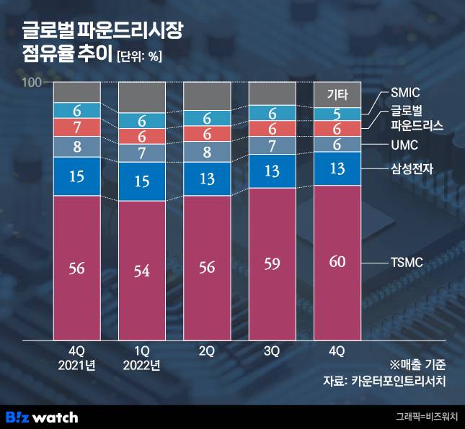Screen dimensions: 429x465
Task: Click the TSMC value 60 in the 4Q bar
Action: click(337, 261)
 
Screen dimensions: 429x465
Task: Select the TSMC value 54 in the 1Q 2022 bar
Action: click(141, 271)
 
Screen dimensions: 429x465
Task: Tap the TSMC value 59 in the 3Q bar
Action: click(272, 263)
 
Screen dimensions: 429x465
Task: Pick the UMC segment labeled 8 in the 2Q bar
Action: click(207, 152)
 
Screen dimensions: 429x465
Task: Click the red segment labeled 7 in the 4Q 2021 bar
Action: click(76, 127)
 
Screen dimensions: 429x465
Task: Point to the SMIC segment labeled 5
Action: click(337, 114)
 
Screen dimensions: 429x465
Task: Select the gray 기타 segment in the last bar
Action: click(337, 94)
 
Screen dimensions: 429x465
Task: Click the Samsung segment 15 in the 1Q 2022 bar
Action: click(141, 181)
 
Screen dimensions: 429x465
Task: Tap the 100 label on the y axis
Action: click(32, 83)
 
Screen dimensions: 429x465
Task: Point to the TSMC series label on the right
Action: click(406, 264)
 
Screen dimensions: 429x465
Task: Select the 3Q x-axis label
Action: click(272, 351)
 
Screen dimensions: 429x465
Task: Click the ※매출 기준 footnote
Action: click(419, 363)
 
